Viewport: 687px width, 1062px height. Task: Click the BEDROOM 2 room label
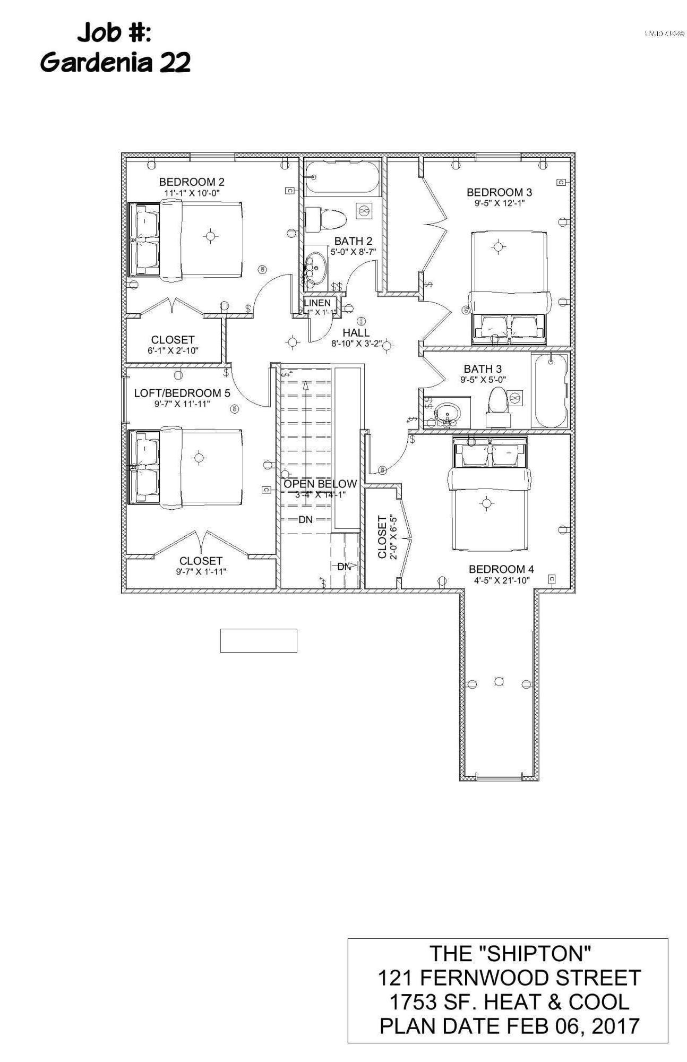[x=192, y=182]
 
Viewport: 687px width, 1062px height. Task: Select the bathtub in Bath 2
[x=342, y=178]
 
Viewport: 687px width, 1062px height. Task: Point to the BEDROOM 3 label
[x=499, y=192]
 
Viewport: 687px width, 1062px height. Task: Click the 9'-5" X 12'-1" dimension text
[x=499, y=203]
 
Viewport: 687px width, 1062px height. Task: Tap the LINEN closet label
[x=317, y=303]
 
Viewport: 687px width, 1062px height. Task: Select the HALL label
[x=356, y=333]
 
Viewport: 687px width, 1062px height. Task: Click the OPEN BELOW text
[x=320, y=484]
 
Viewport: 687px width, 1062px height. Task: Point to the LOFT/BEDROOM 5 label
[x=182, y=393]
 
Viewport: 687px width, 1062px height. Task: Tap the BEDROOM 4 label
[x=501, y=569]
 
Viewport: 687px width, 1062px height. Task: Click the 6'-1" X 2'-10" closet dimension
[x=173, y=350]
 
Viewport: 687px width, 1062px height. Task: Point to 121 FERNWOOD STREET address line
[x=509, y=978]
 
